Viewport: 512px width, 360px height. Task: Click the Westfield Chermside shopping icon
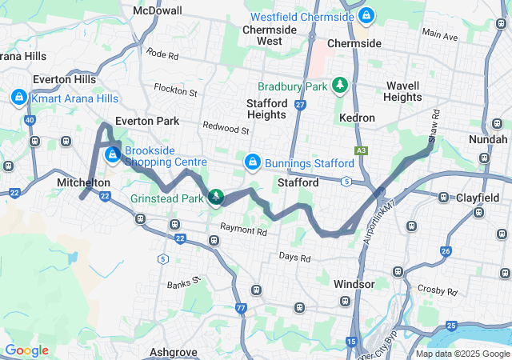pyautogui.click(x=366, y=15)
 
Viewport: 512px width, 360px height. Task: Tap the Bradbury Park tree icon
pyautogui.click(x=340, y=84)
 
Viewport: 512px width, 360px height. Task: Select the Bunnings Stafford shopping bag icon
pyautogui.click(x=253, y=162)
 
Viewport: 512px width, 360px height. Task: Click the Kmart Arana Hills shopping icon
pyautogui.click(x=18, y=97)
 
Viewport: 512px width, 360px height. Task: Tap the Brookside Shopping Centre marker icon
pyautogui.click(x=113, y=153)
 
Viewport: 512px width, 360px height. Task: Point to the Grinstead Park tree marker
pyautogui.click(x=215, y=196)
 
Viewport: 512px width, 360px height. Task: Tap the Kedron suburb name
pyautogui.click(x=357, y=118)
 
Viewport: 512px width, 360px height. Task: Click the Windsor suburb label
pyautogui.click(x=354, y=284)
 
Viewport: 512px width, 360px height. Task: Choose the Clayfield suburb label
pyautogui.click(x=478, y=197)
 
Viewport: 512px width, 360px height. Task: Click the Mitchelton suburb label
pyautogui.click(x=83, y=183)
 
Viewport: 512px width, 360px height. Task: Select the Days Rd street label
pyautogui.click(x=294, y=258)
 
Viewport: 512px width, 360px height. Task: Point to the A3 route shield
pyautogui.click(x=362, y=150)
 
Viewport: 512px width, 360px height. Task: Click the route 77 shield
pyautogui.click(x=241, y=307)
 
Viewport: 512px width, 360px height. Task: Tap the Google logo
pyautogui.click(x=26, y=350)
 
